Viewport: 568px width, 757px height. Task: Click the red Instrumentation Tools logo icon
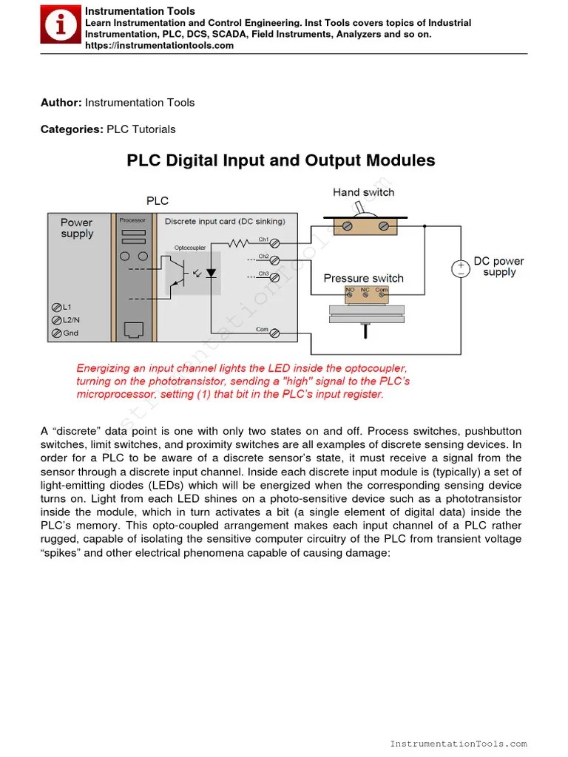tap(61, 26)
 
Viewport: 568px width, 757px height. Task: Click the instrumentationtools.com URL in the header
tap(159, 46)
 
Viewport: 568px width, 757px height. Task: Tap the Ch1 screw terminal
tap(274, 242)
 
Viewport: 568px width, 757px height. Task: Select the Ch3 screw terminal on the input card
tap(274, 277)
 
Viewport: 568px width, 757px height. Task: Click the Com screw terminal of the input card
tap(274, 333)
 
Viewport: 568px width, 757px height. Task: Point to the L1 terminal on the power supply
tap(56, 308)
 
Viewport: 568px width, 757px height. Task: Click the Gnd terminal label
tap(70, 333)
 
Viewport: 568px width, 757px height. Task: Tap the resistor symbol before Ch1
tap(239, 242)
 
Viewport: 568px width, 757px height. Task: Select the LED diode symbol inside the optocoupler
tap(211, 273)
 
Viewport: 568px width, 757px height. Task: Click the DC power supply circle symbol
tap(460, 268)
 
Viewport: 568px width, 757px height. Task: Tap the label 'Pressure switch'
tap(364, 279)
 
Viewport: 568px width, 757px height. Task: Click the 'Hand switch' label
tap(363, 192)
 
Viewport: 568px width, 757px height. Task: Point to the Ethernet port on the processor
tap(133, 330)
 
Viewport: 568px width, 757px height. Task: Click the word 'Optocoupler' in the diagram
tap(190, 248)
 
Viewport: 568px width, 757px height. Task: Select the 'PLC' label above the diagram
tap(158, 200)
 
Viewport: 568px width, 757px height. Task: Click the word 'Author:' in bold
tap(61, 103)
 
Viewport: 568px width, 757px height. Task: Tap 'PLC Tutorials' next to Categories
tap(141, 129)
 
